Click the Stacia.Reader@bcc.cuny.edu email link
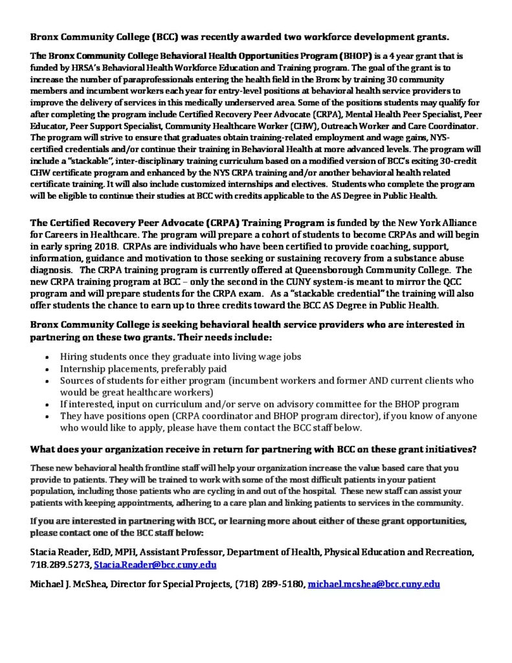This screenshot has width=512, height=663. coord(155,565)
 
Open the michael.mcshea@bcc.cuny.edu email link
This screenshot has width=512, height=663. coord(373,584)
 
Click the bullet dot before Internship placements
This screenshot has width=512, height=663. coord(50,368)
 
